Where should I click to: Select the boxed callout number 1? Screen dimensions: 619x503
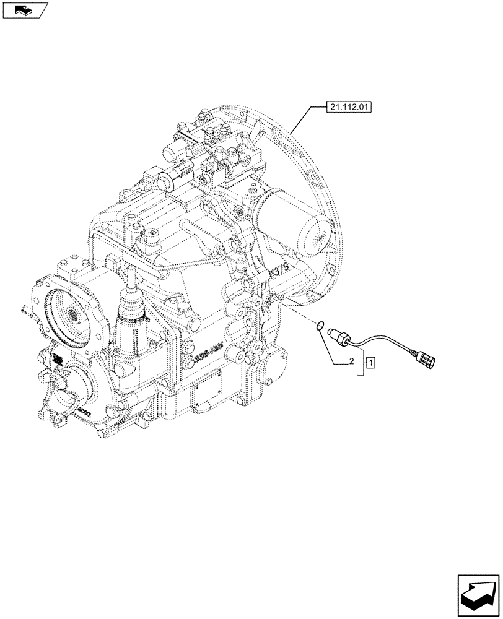coord(369,361)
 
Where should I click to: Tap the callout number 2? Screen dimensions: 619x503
coord(351,361)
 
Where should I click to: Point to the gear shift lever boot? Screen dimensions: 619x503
coord(131,312)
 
